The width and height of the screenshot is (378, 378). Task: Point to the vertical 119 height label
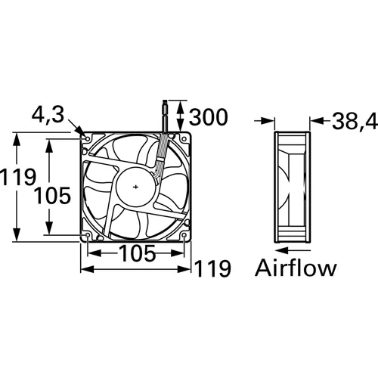(18, 178)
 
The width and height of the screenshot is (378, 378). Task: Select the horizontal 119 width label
(212, 268)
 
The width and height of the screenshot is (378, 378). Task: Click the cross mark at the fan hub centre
(135, 187)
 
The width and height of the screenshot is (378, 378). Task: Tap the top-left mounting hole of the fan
(88, 140)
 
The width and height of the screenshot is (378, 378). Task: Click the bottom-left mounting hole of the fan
(88, 234)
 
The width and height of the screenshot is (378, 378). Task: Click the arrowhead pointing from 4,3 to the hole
(79, 132)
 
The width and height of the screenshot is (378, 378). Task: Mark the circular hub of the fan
(135, 187)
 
